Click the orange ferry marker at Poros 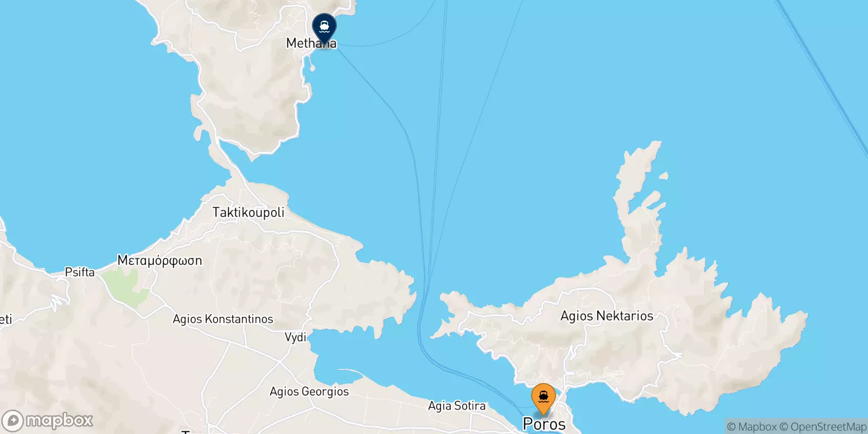pos(543,398)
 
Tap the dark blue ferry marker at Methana pos(324,27)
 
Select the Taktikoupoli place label pos(248,212)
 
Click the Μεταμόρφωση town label pos(159,260)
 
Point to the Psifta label pos(80,272)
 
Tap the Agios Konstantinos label pos(222,319)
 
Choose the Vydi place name pos(296,337)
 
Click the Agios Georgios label pos(309,391)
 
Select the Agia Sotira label pos(457,406)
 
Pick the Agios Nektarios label pos(607,316)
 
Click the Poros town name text pos(544,424)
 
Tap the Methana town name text pos(311,43)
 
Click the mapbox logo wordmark pos(59,420)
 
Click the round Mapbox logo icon pos(13,421)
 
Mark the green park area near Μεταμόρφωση pos(127,285)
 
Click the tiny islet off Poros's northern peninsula pos(663,176)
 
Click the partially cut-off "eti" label pos(5,319)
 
